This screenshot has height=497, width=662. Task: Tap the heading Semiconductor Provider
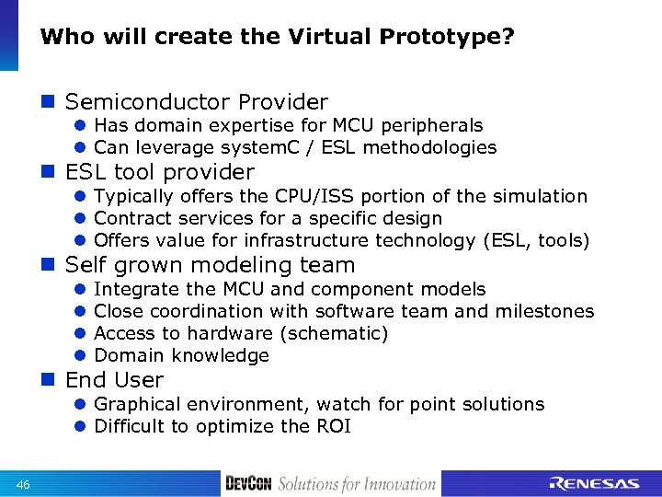196,102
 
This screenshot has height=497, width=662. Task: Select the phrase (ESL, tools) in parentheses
534,240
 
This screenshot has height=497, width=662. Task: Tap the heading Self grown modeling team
210,266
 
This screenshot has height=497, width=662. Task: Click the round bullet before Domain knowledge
80,356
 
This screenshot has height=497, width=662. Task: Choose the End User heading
114,380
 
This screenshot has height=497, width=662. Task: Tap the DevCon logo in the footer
248,483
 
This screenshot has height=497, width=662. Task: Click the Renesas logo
593,483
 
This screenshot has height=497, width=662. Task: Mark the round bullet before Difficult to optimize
80,427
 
